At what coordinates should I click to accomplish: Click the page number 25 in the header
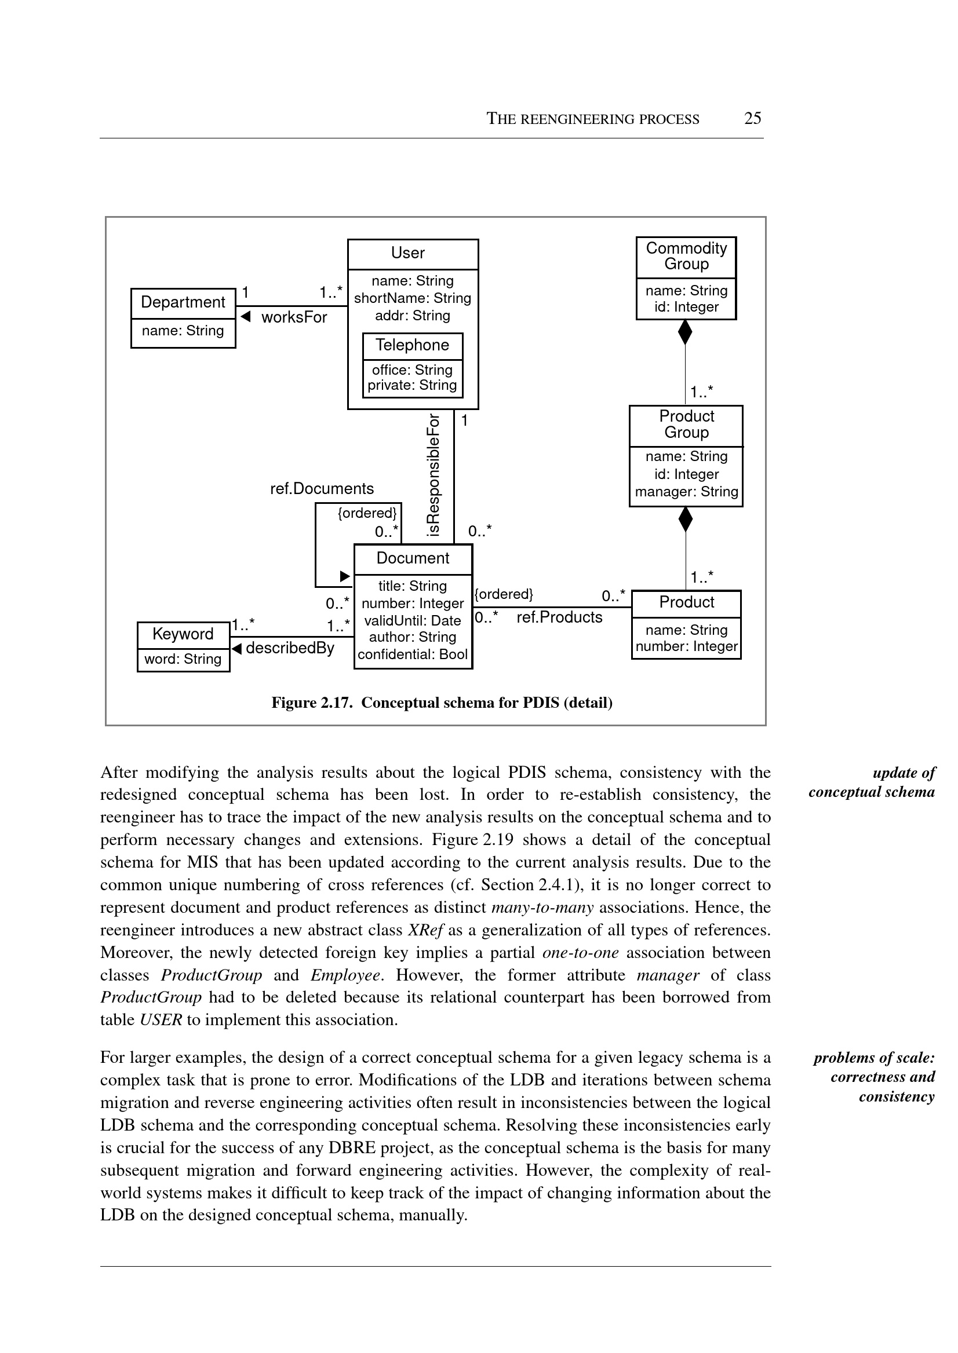(x=753, y=119)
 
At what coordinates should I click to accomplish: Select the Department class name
(x=183, y=302)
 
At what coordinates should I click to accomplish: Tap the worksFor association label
(x=294, y=318)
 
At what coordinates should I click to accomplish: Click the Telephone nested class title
(x=412, y=345)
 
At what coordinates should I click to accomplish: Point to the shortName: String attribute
(x=412, y=298)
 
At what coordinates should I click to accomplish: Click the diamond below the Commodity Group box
(x=685, y=332)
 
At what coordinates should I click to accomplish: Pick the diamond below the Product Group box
(x=686, y=520)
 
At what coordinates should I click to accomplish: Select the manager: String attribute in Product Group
(x=686, y=492)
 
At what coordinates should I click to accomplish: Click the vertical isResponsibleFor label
(x=434, y=475)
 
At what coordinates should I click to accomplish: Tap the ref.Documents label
(x=322, y=489)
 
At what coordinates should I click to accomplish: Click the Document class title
(x=413, y=558)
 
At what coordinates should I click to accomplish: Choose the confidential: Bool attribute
(x=412, y=654)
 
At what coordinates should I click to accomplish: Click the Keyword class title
(x=183, y=634)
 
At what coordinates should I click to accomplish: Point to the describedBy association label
(x=290, y=649)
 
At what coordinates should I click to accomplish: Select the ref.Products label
(x=559, y=617)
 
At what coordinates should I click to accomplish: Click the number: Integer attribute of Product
(x=686, y=646)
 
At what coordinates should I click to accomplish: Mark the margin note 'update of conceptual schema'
(x=871, y=782)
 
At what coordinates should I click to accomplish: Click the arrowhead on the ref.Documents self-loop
(x=345, y=576)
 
